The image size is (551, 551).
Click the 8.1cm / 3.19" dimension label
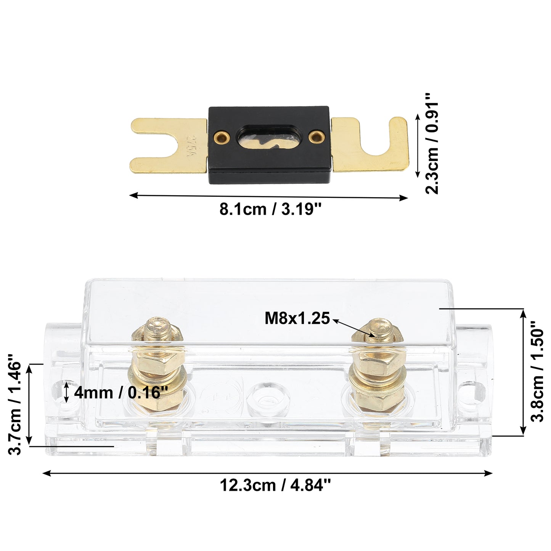point(270,210)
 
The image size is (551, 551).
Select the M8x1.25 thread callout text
point(297,318)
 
